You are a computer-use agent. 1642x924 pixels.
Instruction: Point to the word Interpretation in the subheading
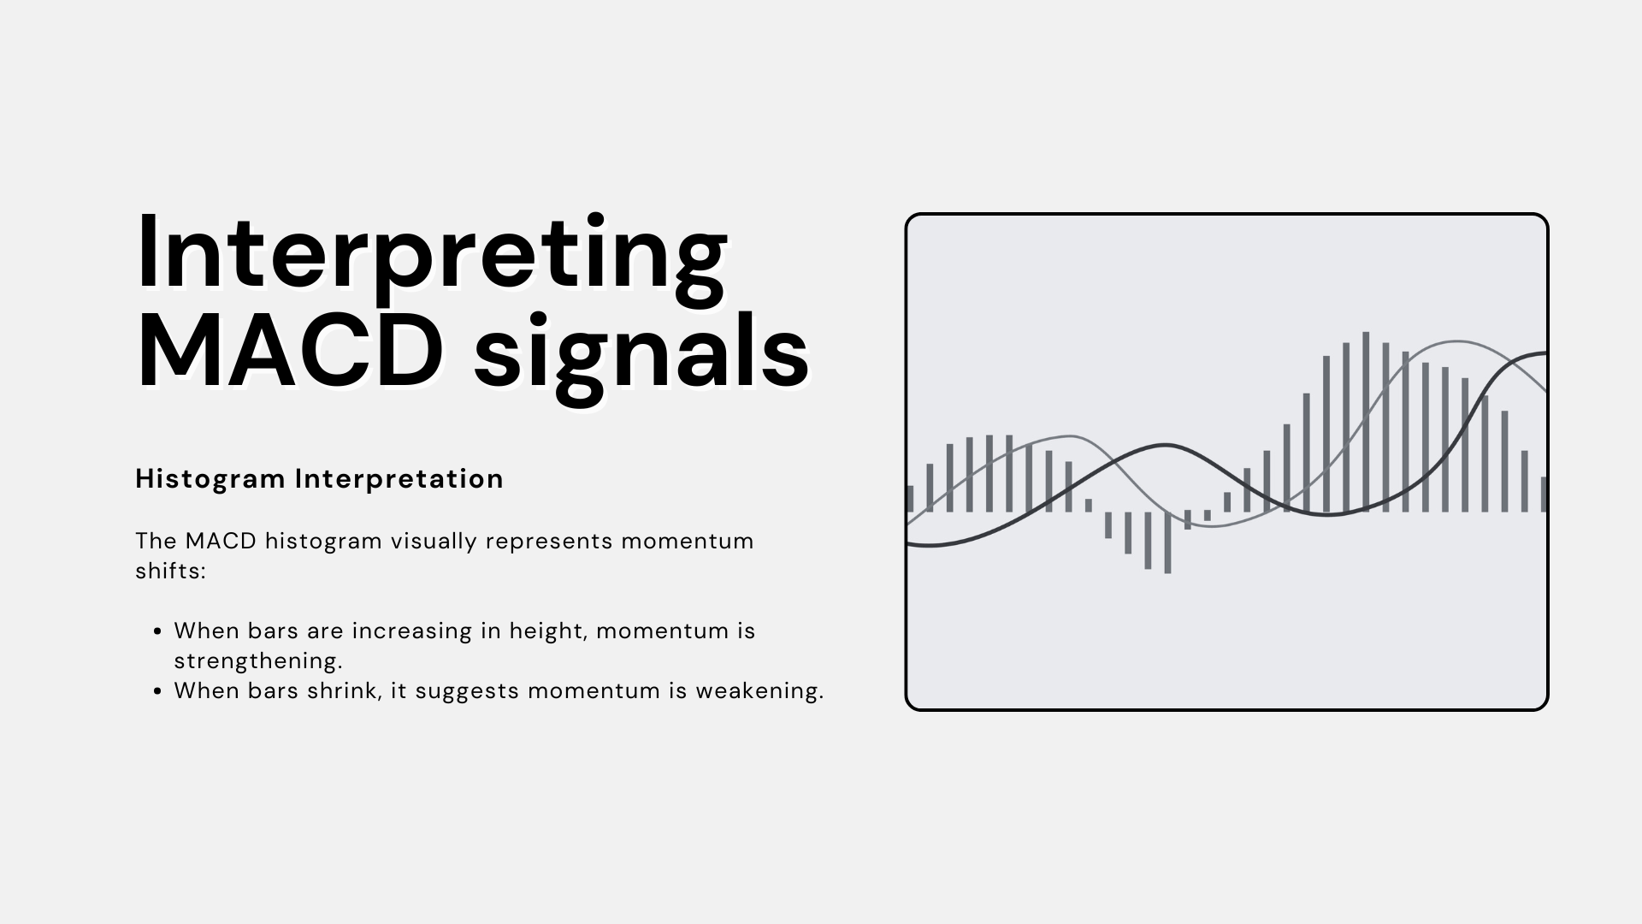[399, 479]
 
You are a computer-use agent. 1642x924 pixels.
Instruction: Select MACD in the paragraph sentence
[221, 542]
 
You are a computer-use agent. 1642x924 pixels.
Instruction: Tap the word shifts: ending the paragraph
[170, 572]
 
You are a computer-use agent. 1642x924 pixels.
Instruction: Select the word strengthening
[258, 661]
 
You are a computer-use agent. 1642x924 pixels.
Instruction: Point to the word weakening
[759, 691]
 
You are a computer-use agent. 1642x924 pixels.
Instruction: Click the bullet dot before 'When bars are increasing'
[157, 632]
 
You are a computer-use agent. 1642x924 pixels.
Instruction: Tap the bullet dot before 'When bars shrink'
[157, 692]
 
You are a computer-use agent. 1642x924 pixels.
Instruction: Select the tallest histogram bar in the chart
[1366, 422]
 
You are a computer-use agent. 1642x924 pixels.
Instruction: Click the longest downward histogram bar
[1167, 542]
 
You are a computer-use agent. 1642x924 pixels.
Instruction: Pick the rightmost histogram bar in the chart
[1544, 495]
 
